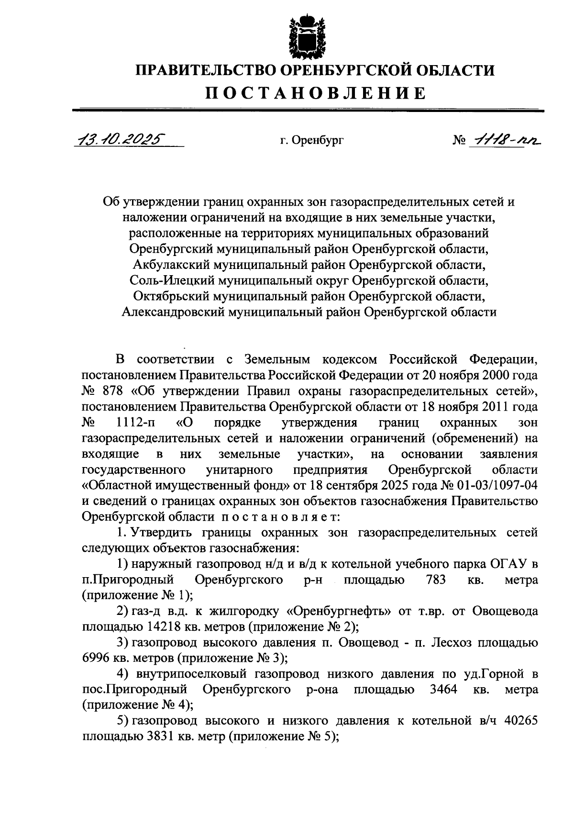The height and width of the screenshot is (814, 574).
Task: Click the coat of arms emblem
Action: [x=300, y=36]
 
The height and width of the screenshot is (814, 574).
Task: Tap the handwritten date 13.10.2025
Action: [x=121, y=139]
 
